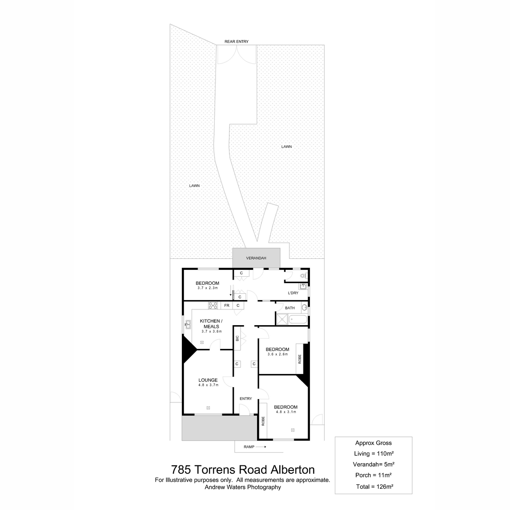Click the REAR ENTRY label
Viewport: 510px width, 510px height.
[x=236, y=42]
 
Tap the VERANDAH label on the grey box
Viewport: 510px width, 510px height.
[x=256, y=258]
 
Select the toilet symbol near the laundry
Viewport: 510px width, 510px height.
[x=303, y=276]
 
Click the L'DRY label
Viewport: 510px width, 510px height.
[x=293, y=293]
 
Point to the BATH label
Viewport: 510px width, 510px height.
[x=289, y=308]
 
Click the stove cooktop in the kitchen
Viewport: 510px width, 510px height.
[x=213, y=306]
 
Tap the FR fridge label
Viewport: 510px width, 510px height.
[x=227, y=306]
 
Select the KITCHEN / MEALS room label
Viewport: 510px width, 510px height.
[x=211, y=324]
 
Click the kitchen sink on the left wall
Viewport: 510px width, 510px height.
[x=188, y=324]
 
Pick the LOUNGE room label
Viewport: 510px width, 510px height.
[x=208, y=380]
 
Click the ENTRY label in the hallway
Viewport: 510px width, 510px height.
[x=246, y=399]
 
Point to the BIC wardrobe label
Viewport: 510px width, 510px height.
[x=237, y=338]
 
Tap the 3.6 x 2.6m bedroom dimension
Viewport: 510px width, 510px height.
[x=278, y=354]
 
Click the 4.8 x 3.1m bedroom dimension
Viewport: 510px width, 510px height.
[x=286, y=412]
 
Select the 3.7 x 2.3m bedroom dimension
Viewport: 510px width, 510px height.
[x=207, y=288]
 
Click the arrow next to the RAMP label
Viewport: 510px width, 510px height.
[x=261, y=447]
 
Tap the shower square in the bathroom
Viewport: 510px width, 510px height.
[x=282, y=320]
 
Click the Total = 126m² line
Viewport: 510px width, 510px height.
[x=374, y=487]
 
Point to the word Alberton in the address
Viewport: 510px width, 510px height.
[x=292, y=470]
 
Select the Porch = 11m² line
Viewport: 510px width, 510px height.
[x=373, y=475]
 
